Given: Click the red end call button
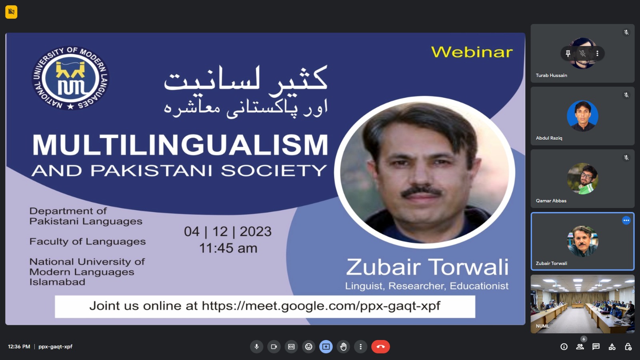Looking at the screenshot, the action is pos(380,346).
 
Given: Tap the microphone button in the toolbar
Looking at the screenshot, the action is pos(256,346).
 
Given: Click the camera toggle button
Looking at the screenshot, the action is pos(274,346).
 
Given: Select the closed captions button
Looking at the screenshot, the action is pos(291,346).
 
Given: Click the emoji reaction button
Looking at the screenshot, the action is pos(308,346).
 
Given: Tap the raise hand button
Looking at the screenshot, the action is pos(343,346).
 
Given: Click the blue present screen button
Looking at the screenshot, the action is pos(326,346).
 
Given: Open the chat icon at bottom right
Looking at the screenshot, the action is pos(596,346).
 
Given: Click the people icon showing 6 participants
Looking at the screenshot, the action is pos(580,346).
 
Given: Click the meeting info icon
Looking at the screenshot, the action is pos(564,346).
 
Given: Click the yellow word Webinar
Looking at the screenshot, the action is pos(472,52).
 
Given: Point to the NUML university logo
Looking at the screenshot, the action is pos(70,78).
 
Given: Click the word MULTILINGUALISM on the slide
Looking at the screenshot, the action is pos(180,145).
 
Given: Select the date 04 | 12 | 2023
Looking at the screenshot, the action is pos(228,232).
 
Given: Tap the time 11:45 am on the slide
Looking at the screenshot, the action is pos(228,248).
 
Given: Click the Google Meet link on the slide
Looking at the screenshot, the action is pos(321,306).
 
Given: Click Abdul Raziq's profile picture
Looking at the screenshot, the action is pos(582,116).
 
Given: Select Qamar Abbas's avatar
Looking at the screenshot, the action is pos(582,178).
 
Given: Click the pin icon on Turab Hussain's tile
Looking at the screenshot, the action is pos(568,54).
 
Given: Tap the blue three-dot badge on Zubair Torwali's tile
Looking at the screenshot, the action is pos(626,220).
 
